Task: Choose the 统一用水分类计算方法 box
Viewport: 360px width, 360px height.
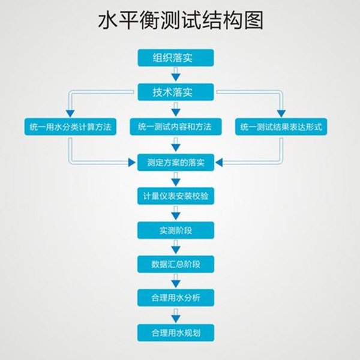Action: (70, 127)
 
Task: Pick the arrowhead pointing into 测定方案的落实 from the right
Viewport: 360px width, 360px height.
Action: (220, 162)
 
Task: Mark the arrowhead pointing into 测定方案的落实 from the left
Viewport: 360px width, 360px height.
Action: (131, 162)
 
